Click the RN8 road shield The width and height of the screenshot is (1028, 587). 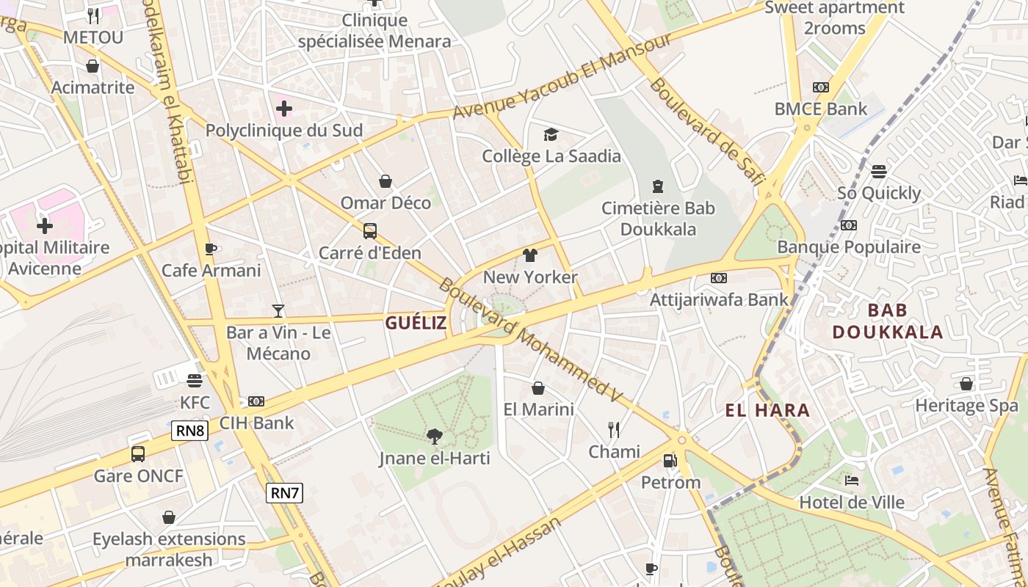[190, 431]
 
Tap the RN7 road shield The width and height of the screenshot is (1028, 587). [284, 493]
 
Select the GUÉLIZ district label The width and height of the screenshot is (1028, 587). [416, 323]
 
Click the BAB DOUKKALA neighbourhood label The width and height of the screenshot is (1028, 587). [887, 321]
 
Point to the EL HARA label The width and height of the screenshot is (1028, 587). [767, 410]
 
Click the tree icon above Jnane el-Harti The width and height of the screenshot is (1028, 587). [435, 437]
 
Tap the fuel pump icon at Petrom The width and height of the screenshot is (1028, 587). [670, 461]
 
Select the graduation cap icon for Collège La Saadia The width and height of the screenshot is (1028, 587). [551, 134]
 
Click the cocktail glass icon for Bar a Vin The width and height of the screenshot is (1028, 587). [278, 311]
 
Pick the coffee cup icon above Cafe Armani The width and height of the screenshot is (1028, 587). [211, 249]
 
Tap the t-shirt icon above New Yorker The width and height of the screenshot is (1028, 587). [530, 255]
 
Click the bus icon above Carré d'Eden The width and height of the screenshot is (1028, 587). [370, 231]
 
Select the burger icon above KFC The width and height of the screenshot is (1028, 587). [195, 381]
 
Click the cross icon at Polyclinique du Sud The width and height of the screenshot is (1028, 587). [284, 109]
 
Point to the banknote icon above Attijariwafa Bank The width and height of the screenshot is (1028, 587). [719, 278]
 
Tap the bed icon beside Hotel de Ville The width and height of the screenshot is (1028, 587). [852, 481]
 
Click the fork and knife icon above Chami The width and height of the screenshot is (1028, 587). [614, 429]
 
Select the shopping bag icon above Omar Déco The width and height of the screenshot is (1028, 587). [385, 181]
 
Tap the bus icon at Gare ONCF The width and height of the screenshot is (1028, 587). [138, 454]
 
